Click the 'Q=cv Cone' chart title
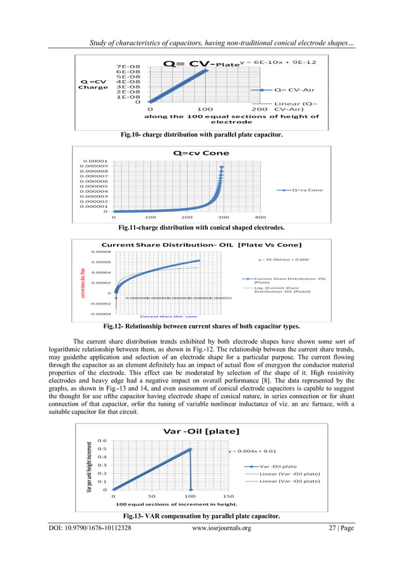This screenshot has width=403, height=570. point(201,153)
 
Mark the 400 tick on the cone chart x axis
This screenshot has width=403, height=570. point(260,217)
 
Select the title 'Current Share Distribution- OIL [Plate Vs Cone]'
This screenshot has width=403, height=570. point(201,245)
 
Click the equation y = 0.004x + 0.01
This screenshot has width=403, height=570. point(252,451)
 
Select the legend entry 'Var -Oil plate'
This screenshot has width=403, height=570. point(278,466)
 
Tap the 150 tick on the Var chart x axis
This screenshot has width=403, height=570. point(228,497)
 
